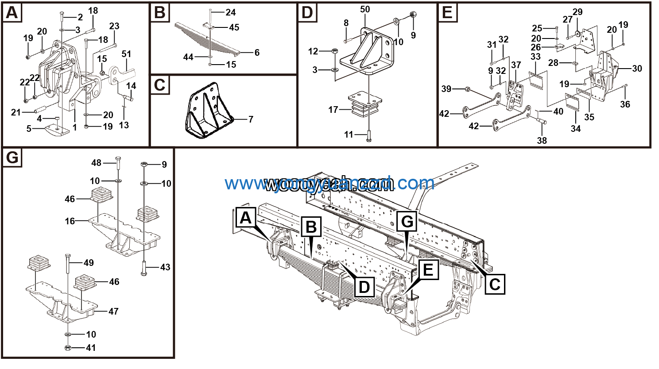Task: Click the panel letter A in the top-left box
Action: (12, 13)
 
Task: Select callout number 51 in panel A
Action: (126, 54)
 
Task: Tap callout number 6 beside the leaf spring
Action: (257, 53)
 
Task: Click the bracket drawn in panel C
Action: (208, 111)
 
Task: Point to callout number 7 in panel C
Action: (251, 119)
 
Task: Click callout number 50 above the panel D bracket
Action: (365, 9)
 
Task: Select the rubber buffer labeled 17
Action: (365, 108)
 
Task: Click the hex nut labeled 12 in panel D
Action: (335, 51)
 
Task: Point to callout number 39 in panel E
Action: (446, 89)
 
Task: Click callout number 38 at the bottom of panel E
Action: (542, 141)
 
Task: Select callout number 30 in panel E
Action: (637, 69)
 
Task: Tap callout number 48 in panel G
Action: (97, 163)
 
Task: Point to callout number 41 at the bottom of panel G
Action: (91, 348)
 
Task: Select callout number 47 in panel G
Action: (113, 311)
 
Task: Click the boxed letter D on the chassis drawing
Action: (364, 287)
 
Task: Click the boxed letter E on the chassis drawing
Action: (428, 269)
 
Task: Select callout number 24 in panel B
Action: (231, 12)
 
